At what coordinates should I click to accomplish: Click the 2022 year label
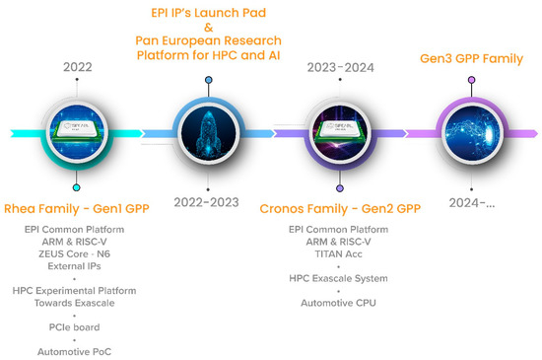(x=78, y=67)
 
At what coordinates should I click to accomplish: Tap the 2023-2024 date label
(x=341, y=67)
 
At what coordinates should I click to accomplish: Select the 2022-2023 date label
(x=206, y=202)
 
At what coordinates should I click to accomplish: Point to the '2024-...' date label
(x=472, y=202)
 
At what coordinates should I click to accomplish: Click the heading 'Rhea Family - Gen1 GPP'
(x=77, y=209)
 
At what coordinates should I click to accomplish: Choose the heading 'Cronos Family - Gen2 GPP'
(x=340, y=209)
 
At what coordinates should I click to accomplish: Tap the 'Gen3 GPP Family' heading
(x=471, y=59)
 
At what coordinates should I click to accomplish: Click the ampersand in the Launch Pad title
(x=209, y=27)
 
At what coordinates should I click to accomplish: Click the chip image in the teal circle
(x=77, y=133)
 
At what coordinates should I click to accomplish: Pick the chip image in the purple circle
(x=340, y=133)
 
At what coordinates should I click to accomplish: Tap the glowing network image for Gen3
(x=472, y=133)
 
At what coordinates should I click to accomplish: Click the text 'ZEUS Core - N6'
(x=74, y=253)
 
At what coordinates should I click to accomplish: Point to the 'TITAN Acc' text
(x=338, y=254)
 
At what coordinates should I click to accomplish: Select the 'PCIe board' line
(x=74, y=327)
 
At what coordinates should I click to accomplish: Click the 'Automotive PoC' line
(x=74, y=352)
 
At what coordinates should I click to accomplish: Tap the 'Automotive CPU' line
(x=338, y=303)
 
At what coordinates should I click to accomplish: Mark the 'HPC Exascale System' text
(x=338, y=278)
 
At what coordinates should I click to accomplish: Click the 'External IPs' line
(x=74, y=266)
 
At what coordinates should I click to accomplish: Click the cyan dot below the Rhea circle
(x=77, y=187)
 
